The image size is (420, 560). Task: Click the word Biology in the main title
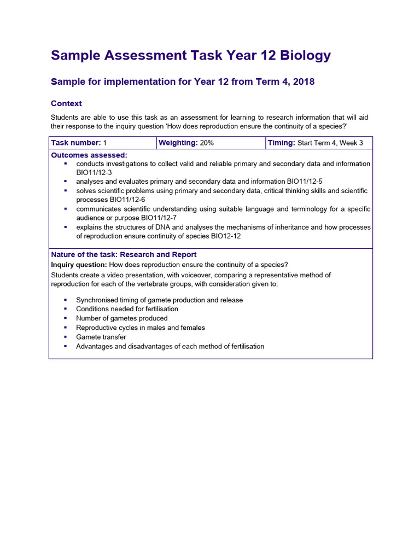305,56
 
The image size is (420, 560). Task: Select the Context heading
66,103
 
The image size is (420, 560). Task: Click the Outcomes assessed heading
89,155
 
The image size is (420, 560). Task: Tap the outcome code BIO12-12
221,236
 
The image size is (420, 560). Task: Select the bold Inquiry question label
79,265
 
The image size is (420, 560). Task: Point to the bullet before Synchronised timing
66,300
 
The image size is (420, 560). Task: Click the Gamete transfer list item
101,337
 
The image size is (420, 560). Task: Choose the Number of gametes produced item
122,318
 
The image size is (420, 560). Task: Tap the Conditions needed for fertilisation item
127,309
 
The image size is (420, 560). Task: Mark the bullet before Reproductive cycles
66,328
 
